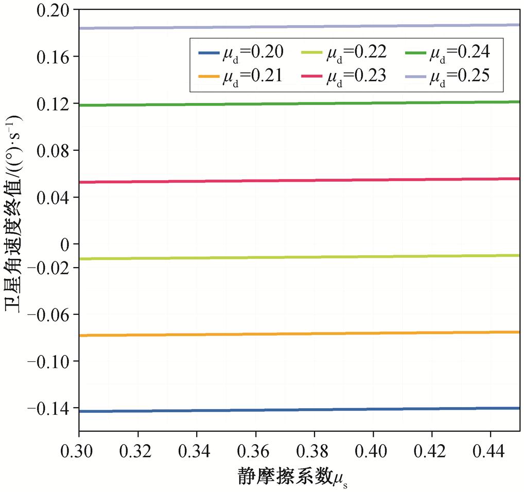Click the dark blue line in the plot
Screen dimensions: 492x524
pos(299,410)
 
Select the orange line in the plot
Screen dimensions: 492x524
pos(299,334)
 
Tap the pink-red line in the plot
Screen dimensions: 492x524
pos(299,181)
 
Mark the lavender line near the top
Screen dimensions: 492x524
pos(299,26)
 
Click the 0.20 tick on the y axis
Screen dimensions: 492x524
pos(54,10)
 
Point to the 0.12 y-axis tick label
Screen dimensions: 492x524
pos(54,104)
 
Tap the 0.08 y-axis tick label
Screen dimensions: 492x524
pos(54,150)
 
